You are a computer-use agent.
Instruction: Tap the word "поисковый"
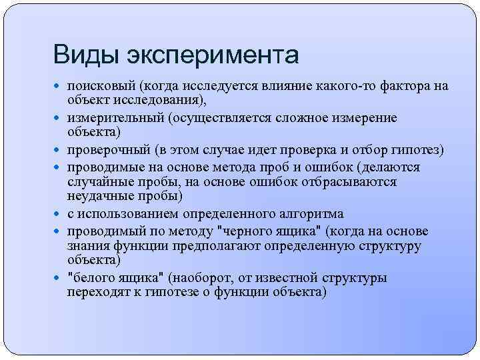coord(101,86)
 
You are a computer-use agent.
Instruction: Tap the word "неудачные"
coord(97,197)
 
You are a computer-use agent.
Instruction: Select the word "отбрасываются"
coord(353,181)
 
